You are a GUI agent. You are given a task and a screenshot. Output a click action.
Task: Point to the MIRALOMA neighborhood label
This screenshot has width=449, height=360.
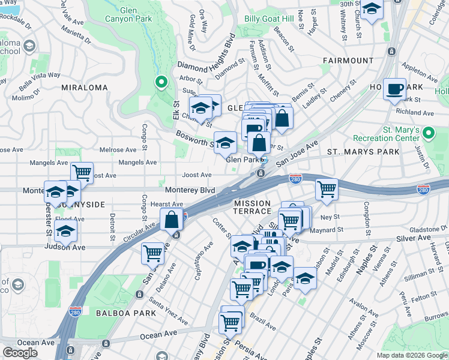[x=84, y=88]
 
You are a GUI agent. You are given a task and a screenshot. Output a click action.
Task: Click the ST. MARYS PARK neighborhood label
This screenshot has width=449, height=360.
[x=363, y=152]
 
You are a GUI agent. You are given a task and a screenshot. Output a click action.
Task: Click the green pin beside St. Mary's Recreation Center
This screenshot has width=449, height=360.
[x=429, y=132]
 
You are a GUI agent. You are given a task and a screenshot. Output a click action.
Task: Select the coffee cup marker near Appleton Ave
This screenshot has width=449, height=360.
[x=394, y=89]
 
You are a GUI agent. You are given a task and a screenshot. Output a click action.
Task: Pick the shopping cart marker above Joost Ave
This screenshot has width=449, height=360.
[x=82, y=173]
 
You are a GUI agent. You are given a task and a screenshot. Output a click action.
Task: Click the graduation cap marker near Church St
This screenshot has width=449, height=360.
[x=372, y=10]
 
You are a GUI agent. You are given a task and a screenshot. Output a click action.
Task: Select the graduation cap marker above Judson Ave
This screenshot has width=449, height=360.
[x=65, y=232]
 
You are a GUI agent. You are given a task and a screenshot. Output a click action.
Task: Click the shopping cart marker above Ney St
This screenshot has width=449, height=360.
[x=327, y=189]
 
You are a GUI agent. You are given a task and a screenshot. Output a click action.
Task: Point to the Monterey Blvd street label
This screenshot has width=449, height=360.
[x=190, y=190]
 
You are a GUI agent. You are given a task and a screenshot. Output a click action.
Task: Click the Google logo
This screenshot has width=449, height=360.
[x=20, y=353]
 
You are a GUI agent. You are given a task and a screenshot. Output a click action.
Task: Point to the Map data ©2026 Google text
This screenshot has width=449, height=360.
[x=412, y=355]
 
